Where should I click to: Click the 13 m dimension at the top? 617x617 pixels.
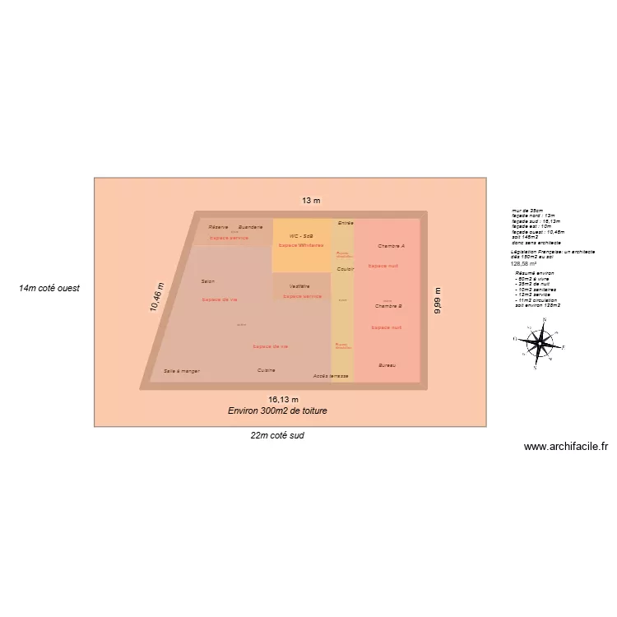click(x=310, y=201)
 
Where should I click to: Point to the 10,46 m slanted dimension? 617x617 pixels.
click(x=156, y=297)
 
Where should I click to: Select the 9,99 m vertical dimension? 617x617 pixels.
click(x=438, y=300)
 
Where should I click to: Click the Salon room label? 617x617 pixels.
click(x=207, y=281)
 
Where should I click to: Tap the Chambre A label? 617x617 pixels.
click(x=391, y=246)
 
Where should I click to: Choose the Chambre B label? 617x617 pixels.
click(x=388, y=306)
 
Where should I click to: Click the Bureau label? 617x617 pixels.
click(x=387, y=364)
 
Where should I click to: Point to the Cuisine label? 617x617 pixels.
click(x=266, y=370)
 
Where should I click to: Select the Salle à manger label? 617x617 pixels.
click(x=182, y=371)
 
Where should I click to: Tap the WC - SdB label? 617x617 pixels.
click(x=300, y=236)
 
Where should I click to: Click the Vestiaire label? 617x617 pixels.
click(x=299, y=286)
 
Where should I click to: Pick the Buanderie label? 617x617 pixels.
click(x=250, y=227)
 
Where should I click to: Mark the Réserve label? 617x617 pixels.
click(x=218, y=227)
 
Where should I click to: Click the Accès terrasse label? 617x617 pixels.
click(x=331, y=376)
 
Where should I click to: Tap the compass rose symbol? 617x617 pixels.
click(x=539, y=340)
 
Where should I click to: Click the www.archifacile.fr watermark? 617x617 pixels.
click(x=566, y=447)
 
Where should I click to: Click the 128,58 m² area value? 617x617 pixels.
click(x=523, y=264)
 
